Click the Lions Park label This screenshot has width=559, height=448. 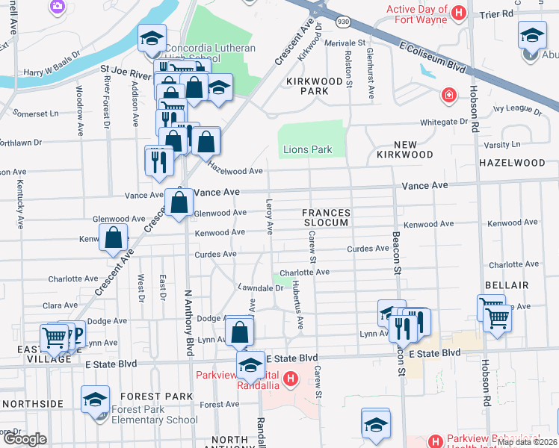[x=307, y=149]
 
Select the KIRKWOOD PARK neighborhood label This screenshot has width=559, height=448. [x=303, y=85]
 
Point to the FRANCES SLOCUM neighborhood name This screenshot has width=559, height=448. [x=325, y=217]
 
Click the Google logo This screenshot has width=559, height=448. [x=25, y=439]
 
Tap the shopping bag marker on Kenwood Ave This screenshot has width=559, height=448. [x=113, y=238]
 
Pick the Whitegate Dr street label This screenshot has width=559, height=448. [x=443, y=121]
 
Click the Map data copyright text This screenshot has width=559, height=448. [x=527, y=442]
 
